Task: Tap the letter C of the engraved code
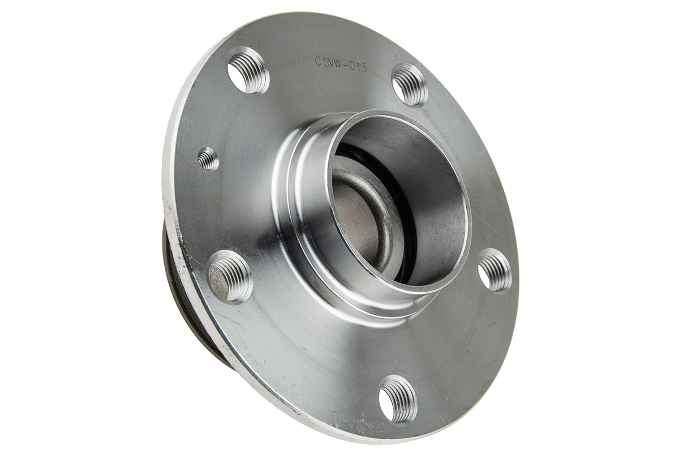318,61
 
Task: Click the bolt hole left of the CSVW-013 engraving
248,71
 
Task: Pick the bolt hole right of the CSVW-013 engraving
410,85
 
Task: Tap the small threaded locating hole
208,158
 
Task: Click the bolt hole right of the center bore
495,271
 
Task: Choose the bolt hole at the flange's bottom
398,398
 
